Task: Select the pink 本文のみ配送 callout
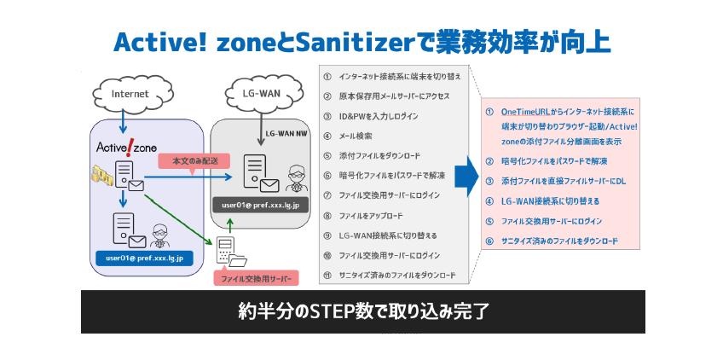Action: (x=189, y=160)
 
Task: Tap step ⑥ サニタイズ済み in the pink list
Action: (x=558, y=241)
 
